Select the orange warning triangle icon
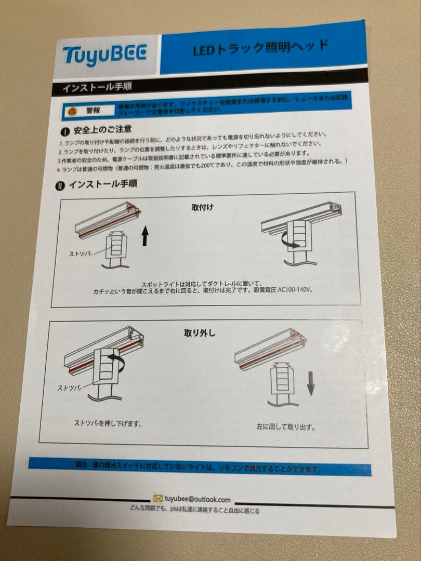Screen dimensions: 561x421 pyautogui.click(x=73, y=111)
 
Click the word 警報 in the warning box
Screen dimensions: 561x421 pyautogui.click(x=94, y=110)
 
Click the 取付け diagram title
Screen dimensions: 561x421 pyautogui.click(x=202, y=207)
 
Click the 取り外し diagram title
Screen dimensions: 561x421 pyautogui.click(x=199, y=333)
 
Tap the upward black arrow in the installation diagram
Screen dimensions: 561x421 pyautogui.click(x=145, y=237)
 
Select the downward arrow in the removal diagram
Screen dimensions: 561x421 pyautogui.click(x=310, y=385)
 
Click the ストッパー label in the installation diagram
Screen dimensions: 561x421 pyautogui.click(x=81, y=253)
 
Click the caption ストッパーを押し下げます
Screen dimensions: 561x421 pyautogui.click(x=108, y=423)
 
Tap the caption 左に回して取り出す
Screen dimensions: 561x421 pyautogui.click(x=285, y=428)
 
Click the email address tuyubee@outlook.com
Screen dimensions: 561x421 pyautogui.click(x=197, y=499)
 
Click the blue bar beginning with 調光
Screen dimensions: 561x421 pyautogui.click(x=200, y=466)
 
